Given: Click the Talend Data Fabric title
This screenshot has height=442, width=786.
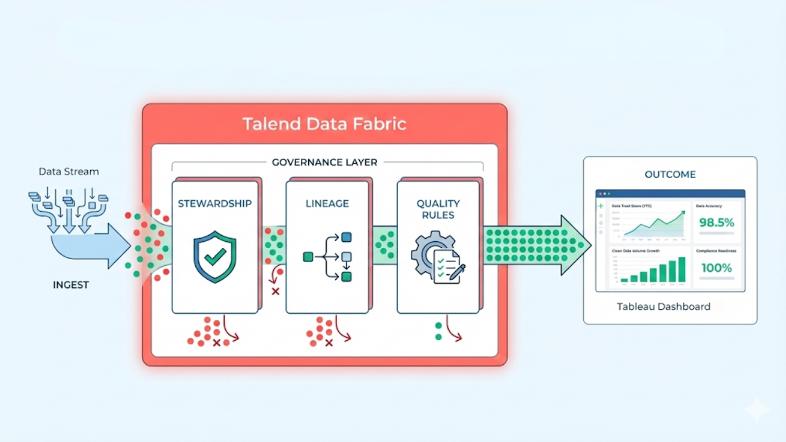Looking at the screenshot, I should [x=324, y=124].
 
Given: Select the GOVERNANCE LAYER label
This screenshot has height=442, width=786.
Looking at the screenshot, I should [x=324, y=163].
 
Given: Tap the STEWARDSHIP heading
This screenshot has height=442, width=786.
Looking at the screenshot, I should [x=214, y=204].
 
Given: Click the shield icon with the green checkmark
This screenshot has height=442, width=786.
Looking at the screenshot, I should [x=214, y=256].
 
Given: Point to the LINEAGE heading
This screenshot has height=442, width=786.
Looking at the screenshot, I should [x=327, y=204].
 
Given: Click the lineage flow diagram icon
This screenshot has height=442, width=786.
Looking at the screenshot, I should [x=328, y=257].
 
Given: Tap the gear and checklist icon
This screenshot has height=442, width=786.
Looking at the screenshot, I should [x=437, y=257].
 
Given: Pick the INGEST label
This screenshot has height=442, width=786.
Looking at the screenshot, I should [x=71, y=285].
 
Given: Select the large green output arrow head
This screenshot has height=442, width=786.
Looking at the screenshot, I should [x=576, y=245].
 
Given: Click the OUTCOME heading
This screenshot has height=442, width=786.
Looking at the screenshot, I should [x=670, y=174].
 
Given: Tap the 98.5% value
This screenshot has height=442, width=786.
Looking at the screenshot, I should [x=717, y=223].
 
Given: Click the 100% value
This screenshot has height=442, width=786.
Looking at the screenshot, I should [x=717, y=268].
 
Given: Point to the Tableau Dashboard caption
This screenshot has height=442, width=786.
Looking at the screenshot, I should [x=663, y=306].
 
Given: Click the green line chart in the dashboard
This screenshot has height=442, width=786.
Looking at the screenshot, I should [x=655, y=225].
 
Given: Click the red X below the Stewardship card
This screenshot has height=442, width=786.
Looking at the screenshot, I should [x=216, y=343].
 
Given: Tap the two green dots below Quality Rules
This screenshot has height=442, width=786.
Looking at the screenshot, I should [x=438, y=331].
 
